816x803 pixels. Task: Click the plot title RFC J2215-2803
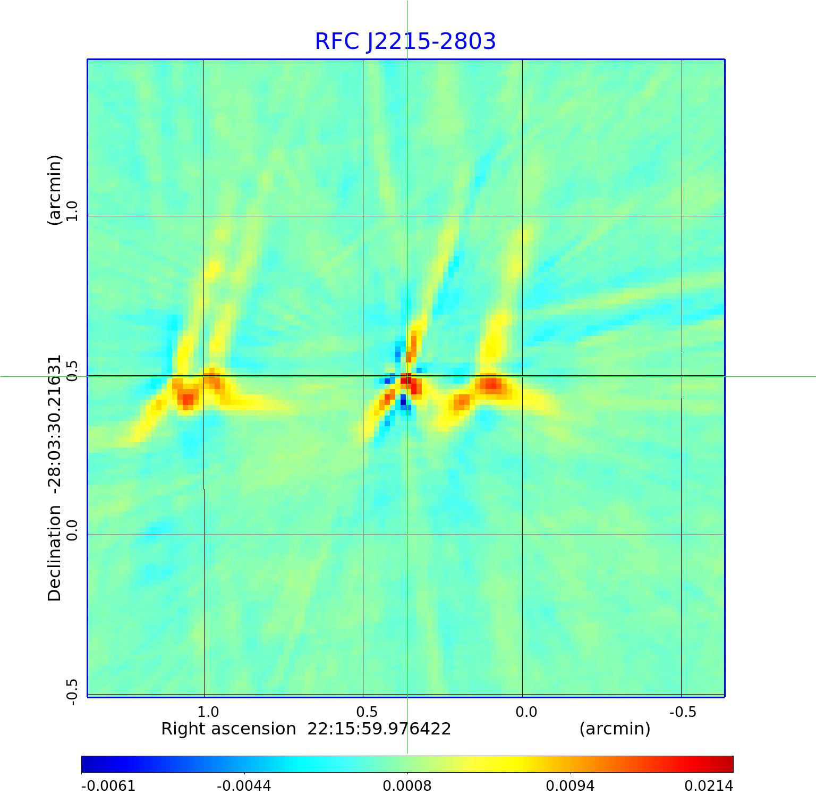405,41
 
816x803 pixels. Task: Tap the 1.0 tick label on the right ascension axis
208,712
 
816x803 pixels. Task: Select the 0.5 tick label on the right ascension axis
367,712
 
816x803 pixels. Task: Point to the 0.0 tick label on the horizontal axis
526,712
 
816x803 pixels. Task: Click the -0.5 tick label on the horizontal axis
682,712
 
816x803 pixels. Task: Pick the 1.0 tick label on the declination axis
72,211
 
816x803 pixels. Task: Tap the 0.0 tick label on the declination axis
72,530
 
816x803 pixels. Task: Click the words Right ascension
228,729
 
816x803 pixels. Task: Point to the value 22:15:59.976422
379,729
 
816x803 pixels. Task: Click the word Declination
55,553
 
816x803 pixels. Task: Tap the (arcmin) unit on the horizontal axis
615,729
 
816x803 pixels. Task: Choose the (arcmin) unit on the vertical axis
55,190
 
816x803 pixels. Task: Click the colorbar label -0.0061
108,785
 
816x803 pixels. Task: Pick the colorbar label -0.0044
244,785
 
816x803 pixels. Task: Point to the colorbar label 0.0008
407,785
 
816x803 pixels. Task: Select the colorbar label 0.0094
570,785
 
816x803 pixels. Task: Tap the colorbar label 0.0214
708,785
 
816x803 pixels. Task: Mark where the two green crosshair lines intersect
407,376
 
